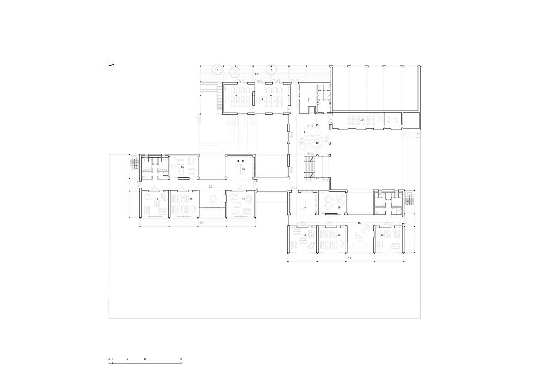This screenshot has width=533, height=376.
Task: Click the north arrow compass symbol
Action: tap(109, 66)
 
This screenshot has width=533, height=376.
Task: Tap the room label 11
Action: tap(261, 99)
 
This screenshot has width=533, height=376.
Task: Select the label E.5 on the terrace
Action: tap(257, 75)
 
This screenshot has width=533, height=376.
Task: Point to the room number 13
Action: tap(182, 167)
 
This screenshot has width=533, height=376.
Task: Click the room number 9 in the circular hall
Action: tap(304, 132)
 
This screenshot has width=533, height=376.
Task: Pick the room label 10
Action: tap(362, 120)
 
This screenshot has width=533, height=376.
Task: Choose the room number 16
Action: tap(339, 208)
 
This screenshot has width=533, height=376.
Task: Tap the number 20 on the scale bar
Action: tap(181, 360)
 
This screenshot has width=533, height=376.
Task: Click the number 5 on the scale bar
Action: tap(127, 360)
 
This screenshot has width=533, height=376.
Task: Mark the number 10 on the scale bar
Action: tap(145, 360)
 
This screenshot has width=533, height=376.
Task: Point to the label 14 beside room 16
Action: tap(304, 208)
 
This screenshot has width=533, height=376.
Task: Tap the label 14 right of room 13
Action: tap(243, 169)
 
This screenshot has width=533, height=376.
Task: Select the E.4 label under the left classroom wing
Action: tap(201, 223)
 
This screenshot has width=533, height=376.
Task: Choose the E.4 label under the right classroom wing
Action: tap(349, 258)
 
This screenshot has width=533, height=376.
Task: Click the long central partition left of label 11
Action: tap(254, 98)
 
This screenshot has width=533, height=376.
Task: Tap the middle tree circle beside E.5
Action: tap(235, 71)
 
